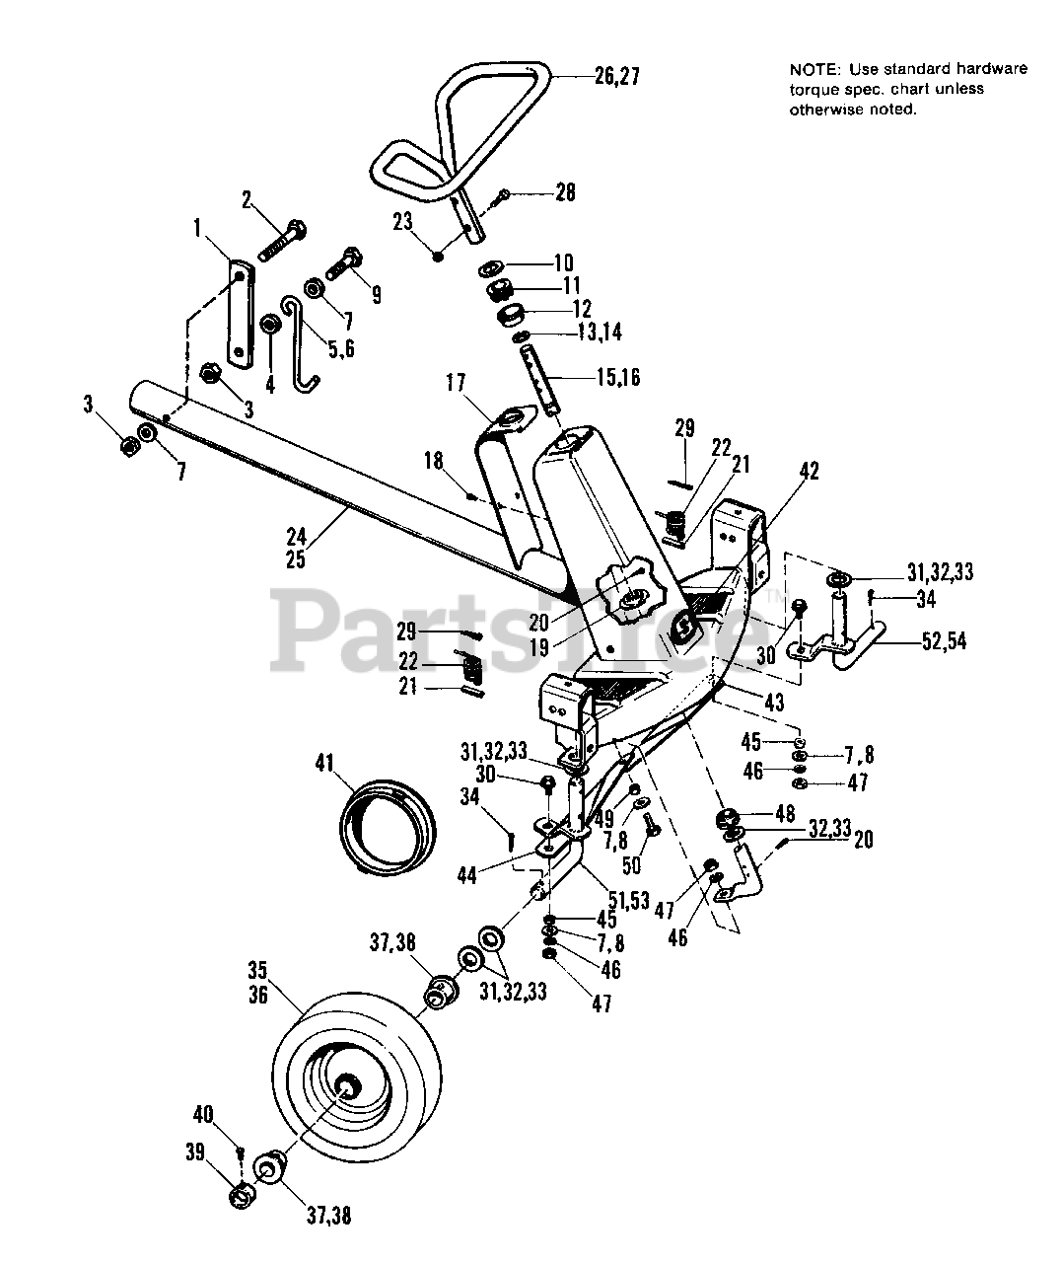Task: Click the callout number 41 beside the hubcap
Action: [x=324, y=763]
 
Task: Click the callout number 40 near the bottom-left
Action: [x=202, y=1115]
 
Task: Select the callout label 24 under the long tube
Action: [x=296, y=538]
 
